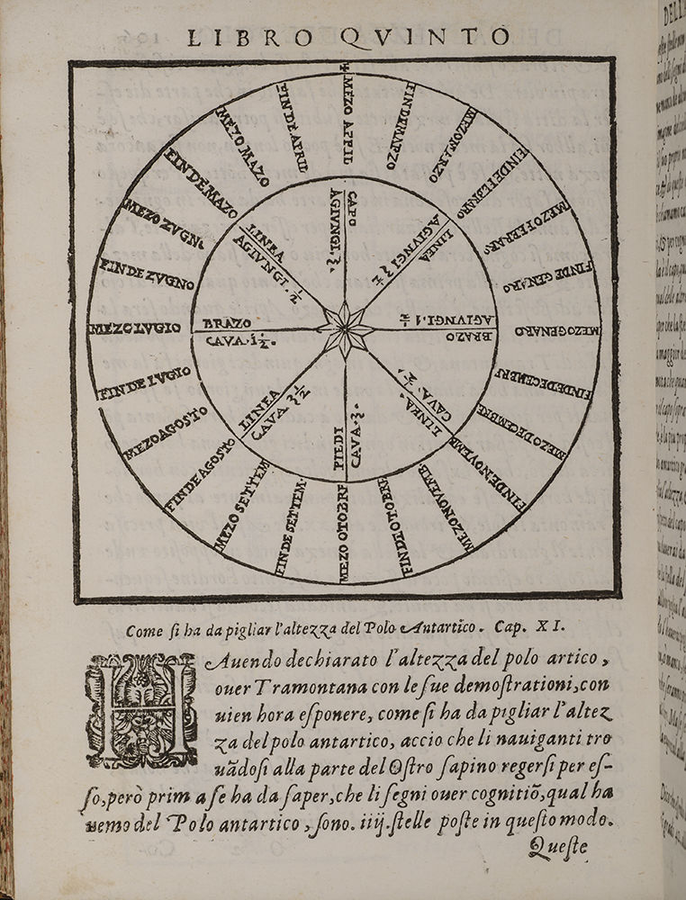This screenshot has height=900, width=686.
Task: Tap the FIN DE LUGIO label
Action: coord(146,382)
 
